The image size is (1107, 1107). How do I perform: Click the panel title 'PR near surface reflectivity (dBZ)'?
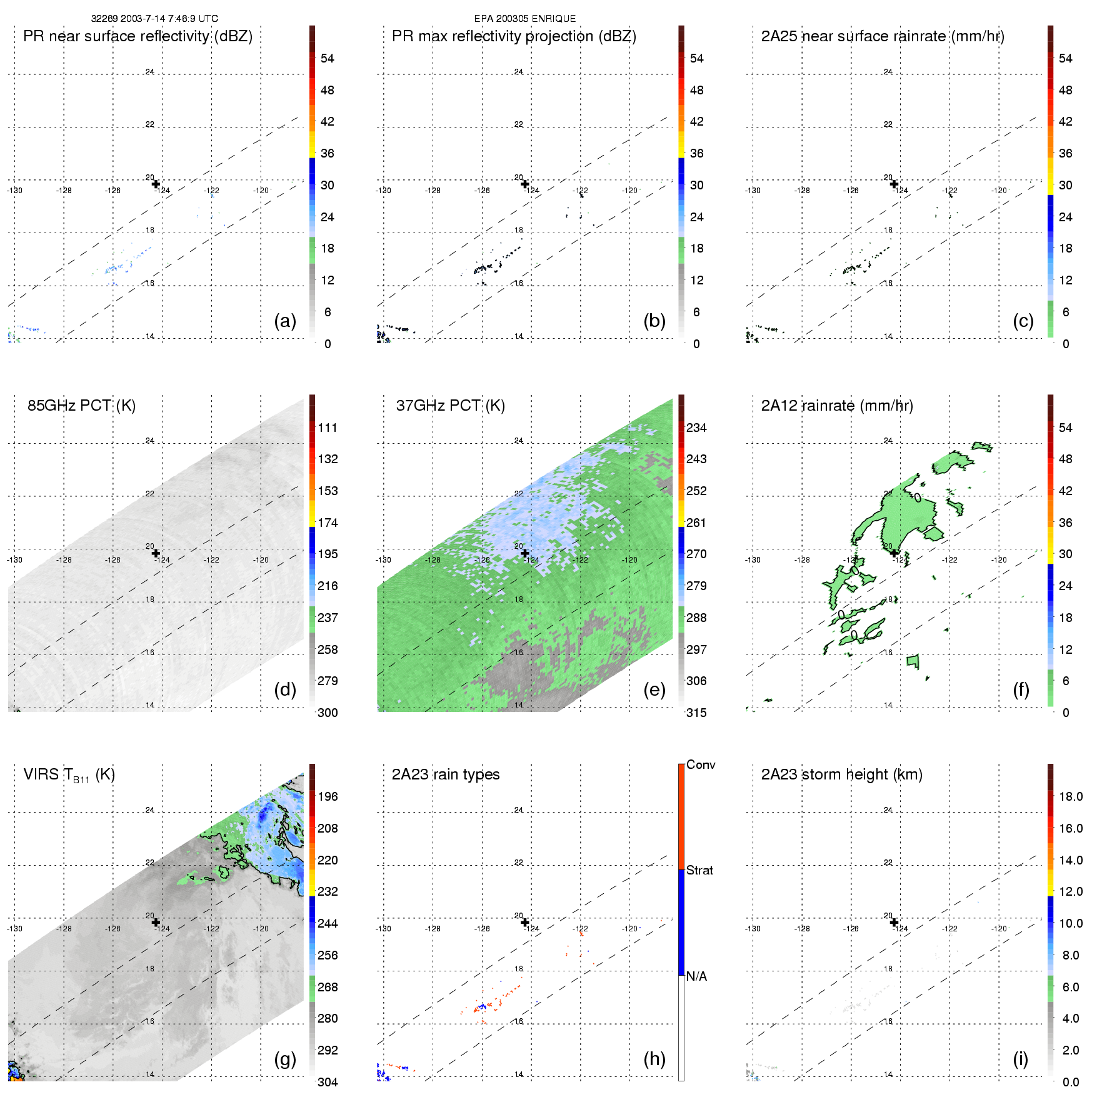138,36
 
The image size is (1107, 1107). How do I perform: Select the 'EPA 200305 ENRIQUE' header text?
525,19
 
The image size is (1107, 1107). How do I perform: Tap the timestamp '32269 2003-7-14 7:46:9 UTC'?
154,19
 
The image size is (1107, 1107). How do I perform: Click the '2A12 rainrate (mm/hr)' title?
837,406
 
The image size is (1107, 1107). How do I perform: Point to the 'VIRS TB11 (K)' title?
69,775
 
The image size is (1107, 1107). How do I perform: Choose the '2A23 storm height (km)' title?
841,774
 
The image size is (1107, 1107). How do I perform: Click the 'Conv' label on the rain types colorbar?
701,765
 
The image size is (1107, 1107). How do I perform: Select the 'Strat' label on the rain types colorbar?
699,871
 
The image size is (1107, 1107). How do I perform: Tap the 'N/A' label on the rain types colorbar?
696,976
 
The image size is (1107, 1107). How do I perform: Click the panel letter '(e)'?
654,689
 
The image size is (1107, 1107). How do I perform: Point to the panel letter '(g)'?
285,1059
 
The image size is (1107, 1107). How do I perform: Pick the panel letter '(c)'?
1023,321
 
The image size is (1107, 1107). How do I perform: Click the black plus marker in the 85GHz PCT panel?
156,553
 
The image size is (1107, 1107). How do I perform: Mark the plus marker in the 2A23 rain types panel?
525,922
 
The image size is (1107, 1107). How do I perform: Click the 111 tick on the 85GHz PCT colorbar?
328,428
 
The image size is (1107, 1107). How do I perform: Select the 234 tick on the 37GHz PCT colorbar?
696,428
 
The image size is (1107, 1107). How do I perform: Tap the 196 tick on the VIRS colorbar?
328,797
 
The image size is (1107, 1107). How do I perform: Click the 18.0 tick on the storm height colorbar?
1071,797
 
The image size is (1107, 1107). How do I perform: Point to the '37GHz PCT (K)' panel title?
450,406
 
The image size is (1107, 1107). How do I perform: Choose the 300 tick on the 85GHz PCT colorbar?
328,713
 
